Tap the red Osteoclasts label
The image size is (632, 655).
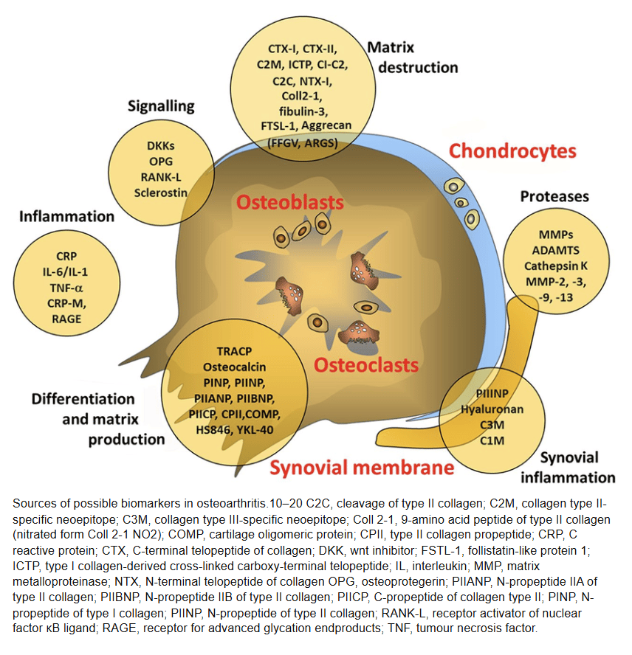(365, 364)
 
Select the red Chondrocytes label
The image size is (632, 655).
(512, 151)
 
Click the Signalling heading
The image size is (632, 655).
(160, 106)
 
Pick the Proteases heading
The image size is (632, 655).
(554, 197)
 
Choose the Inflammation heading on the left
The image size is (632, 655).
(67, 217)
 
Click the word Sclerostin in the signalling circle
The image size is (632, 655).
(161, 193)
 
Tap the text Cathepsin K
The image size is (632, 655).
(555, 266)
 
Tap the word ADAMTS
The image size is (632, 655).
(555, 250)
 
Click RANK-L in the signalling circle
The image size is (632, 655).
(161, 177)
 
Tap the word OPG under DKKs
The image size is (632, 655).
(160, 161)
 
